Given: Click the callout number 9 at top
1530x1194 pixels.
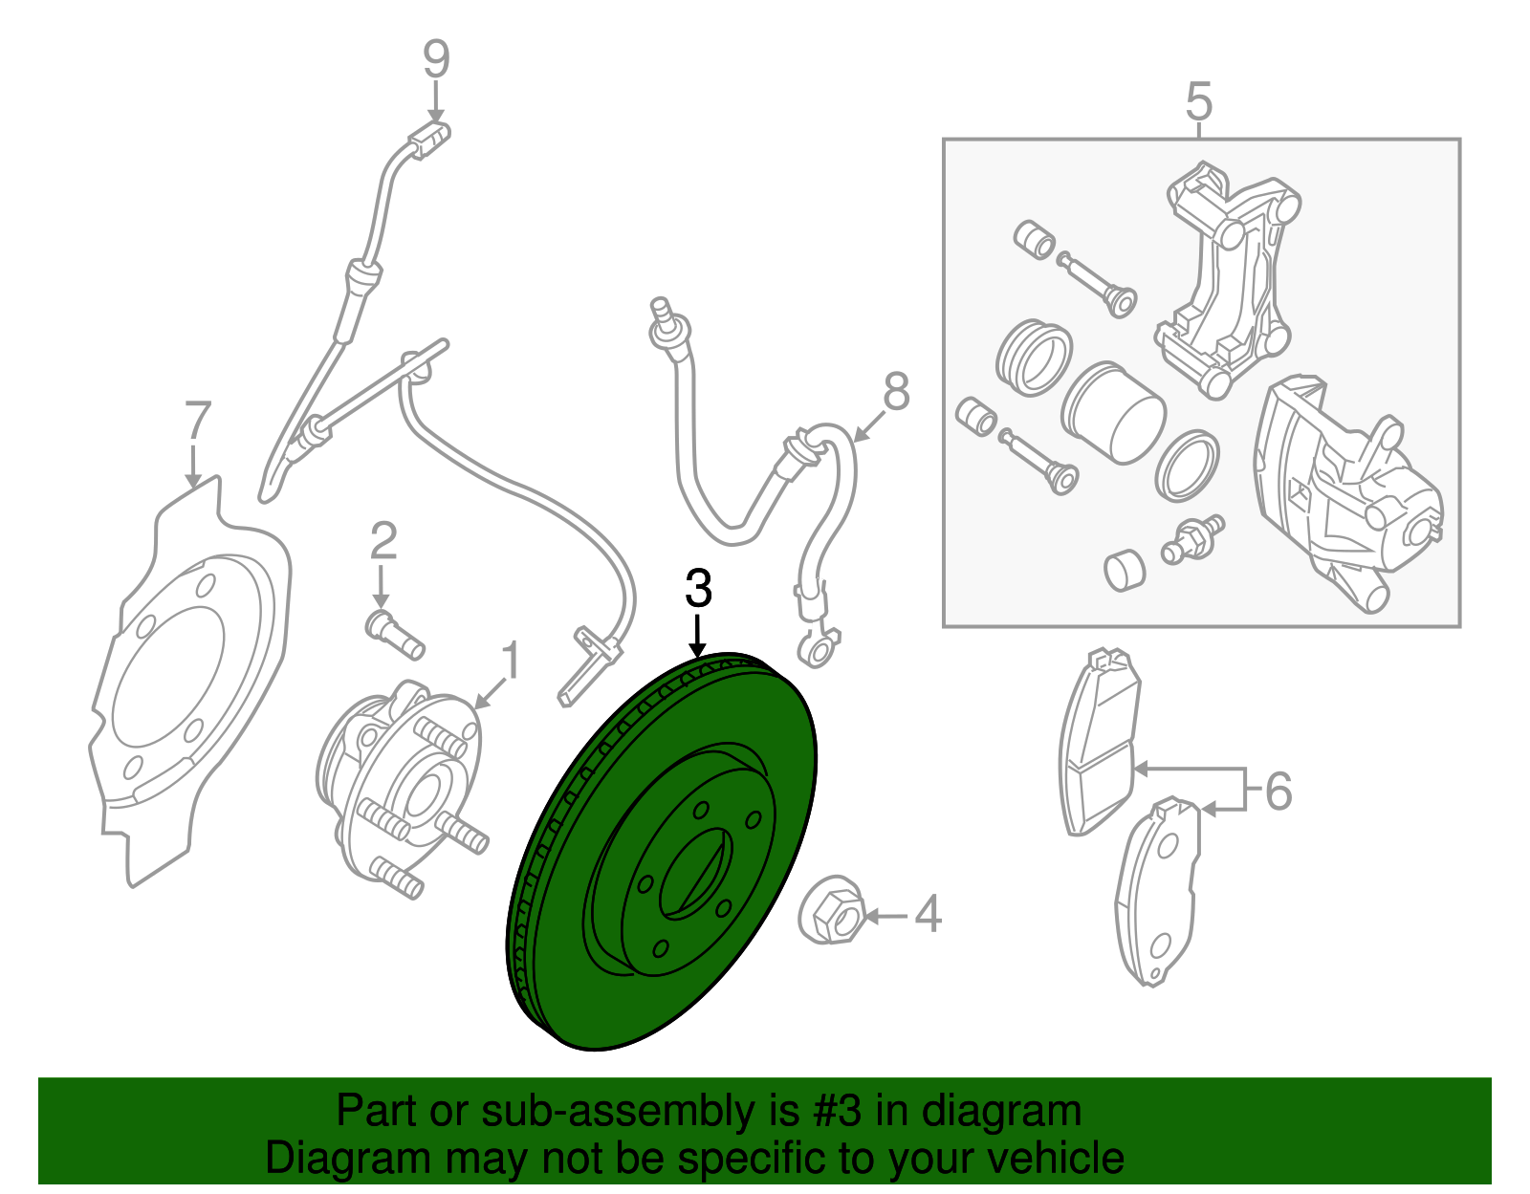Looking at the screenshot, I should pos(436,59).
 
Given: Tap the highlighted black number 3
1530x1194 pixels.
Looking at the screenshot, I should pos(699,589).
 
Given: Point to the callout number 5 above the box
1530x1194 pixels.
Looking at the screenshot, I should pos(1199,101).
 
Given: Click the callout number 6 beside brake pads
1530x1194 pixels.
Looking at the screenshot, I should pos(1279,792).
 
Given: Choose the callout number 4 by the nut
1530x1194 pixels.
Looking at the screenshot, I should pos(928,915).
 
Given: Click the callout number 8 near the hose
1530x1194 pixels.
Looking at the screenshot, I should pos(896,392).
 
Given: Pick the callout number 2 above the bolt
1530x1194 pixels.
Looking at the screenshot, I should pos(382,542).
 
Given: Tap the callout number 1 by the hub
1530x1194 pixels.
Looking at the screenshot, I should pos(511,662).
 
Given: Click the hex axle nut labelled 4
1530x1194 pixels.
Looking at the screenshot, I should pos(830,910).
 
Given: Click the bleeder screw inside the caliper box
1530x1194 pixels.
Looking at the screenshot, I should pos(1191,541).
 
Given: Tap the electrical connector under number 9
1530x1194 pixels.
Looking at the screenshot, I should pos(427,140).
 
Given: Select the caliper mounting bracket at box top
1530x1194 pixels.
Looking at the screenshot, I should pos(1229,277).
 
